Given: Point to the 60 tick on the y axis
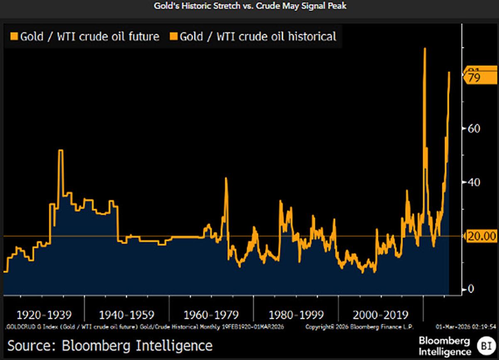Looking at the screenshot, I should (474, 128).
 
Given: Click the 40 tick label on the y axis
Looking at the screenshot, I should (474, 182).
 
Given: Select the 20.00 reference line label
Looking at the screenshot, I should (481, 236).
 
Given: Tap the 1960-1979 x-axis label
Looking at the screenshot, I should (212, 315).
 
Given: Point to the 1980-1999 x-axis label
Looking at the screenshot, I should (296, 315).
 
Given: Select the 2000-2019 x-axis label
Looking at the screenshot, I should (380, 315).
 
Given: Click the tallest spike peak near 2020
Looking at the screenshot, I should (425, 49).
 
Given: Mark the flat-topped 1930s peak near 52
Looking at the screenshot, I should (61, 150).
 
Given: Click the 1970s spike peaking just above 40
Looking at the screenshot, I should (226, 179).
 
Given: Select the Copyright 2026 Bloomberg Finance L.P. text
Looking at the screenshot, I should (359, 327).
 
